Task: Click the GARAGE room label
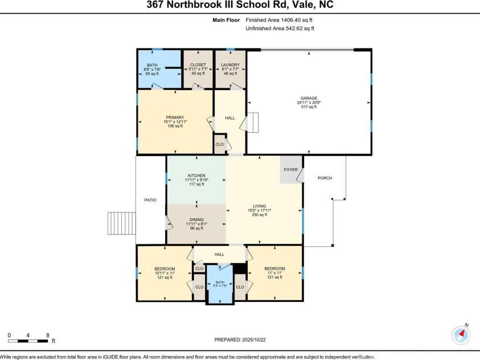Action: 309,98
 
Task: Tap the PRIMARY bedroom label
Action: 175,117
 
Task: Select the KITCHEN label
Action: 196,175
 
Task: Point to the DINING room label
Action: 196,219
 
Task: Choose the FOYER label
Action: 291,169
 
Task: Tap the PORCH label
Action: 325,178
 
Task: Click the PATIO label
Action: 150,199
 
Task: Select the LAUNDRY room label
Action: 230,65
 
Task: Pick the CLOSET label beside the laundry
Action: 198,65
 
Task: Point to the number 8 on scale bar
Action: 47,335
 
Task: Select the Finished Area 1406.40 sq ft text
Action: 279,20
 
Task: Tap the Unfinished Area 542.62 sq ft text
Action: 279,28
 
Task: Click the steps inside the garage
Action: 252,122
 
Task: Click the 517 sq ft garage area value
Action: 309,107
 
